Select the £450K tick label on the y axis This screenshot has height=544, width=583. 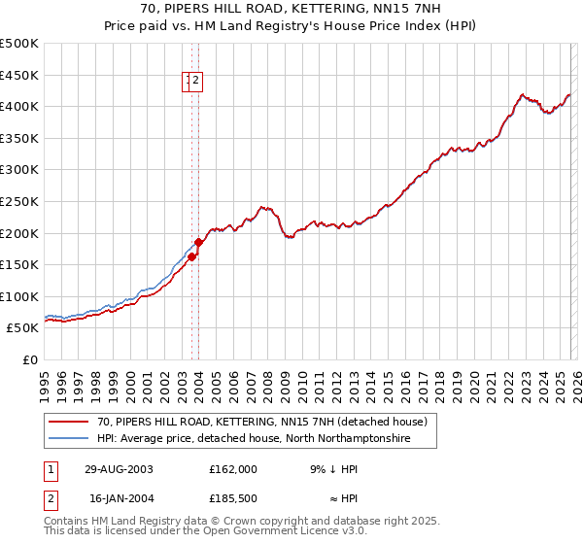click(x=19, y=75)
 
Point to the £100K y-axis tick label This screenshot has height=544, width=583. click(x=19, y=296)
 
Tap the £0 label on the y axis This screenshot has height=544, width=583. click(x=29, y=359)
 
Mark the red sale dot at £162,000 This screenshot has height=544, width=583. click(x=192, y=257)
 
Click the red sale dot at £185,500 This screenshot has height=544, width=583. click(x=199, y=242)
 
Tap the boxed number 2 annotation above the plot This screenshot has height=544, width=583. click(x=195, y=82)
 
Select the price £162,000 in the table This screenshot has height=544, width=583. click(x=233, y=469)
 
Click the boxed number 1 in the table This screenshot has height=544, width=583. click(x=51, y=469)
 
